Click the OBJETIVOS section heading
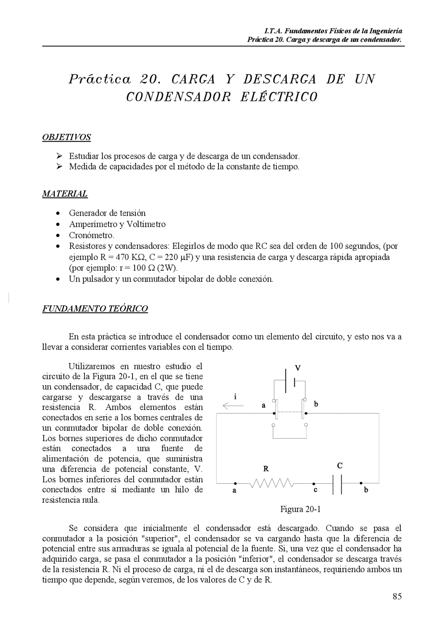[x=66, y=137]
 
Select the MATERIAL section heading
[x=65, y=194]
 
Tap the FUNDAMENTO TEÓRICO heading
[x=95, y=309]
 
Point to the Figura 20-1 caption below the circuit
[x=300, y=509]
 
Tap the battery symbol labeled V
[x=290, y=381]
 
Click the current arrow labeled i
[x=233, y=405]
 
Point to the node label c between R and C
[x=315, y=490]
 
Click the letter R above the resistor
[x=266, y=469]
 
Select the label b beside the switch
[x=316, y=404]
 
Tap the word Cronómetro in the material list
[x=91, y=235]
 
